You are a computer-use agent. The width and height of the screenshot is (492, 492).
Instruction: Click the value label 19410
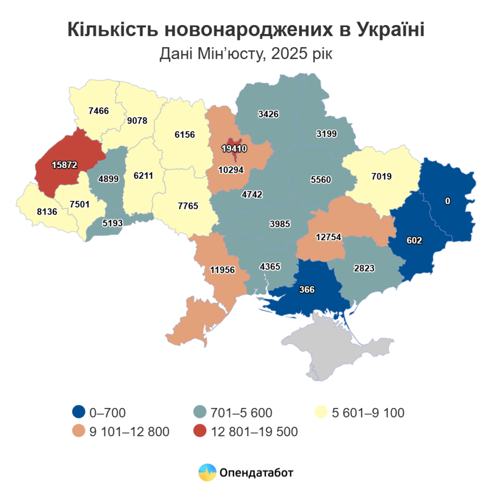[x=234, y=149]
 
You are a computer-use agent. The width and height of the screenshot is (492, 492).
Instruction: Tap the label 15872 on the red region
[x=64, y=165]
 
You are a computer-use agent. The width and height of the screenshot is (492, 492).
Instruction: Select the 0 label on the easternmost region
[x=447, y=201]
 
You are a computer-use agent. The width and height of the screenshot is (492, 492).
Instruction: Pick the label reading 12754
[x=329, y=237]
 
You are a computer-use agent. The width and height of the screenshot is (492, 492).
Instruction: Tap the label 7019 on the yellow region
[x=382, y=176]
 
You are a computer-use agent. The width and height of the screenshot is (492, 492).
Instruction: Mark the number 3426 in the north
[x=268, y=114]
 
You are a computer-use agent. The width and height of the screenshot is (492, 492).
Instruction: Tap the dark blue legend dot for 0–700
[x=79, y=412]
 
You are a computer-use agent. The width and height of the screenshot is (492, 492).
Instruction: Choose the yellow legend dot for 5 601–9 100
[x=320, y=412]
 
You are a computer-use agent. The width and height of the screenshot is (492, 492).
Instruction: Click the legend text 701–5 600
[x=241, y=412]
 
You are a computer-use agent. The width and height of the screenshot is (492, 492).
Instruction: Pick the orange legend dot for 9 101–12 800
[x=79, y=431]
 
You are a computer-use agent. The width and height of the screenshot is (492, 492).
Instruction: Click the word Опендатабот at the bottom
[x=256, y=472]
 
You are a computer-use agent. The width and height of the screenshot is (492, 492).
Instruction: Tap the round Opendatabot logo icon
[x=207, y=472]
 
